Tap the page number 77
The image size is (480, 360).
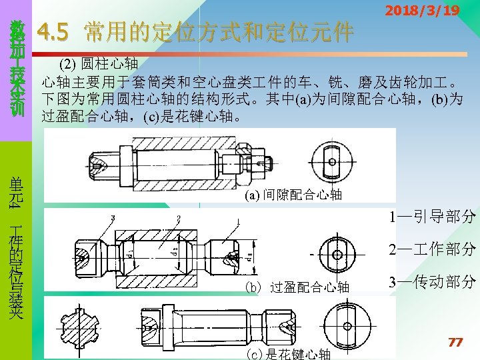tap(455, 342)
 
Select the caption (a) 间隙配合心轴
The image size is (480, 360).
tap(293, 195)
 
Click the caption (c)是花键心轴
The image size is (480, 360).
tap(289, 354)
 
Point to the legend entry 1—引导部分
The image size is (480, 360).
tap(432, 217)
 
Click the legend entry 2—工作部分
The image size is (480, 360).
tap(432, 249)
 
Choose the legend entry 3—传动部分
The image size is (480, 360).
tap(432, 282)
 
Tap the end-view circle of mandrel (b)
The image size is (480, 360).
tap(337, 255)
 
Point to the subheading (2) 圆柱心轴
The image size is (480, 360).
tap(98, 65)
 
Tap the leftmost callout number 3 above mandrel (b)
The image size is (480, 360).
tap(113, 217)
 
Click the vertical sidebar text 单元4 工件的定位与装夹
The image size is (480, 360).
tap(16, 247)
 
